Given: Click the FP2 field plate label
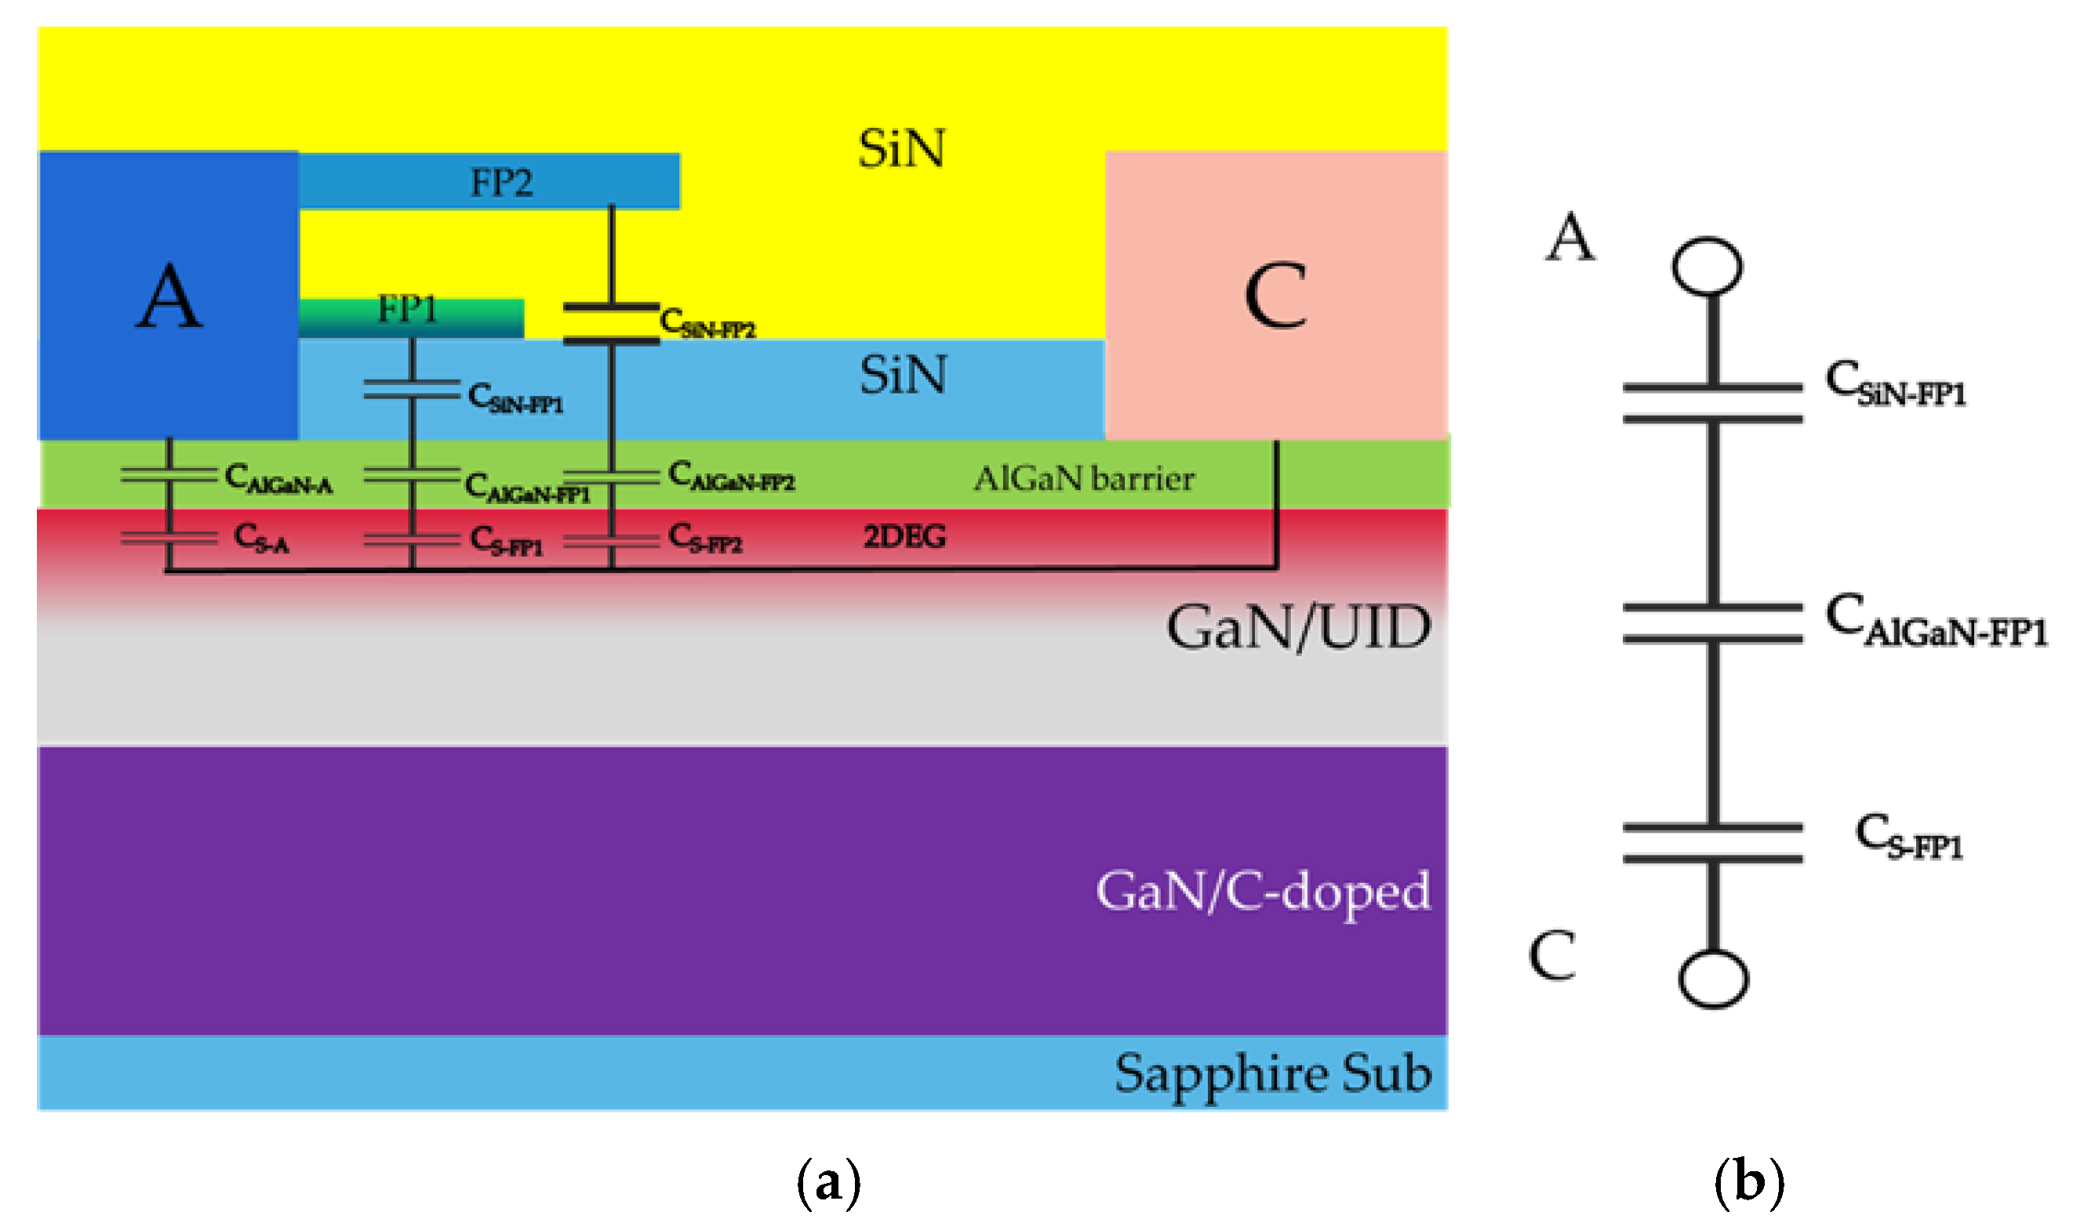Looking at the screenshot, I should tap(501, 183).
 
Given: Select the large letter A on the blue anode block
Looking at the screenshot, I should tap(169, 297).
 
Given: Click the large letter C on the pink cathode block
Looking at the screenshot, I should tap(1275, 297).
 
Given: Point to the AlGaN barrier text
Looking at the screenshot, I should tap(1084, 478).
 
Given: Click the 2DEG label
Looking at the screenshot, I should tap(904, 537).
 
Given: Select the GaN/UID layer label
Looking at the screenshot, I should tap(1299, 627).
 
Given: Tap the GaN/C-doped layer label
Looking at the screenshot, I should tap(1263, 892).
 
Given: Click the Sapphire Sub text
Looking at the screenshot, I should tap(1273, 1074).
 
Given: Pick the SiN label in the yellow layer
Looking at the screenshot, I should tap(901, 149).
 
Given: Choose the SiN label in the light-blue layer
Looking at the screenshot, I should tap(903, 376).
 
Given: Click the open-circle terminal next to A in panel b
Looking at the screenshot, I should tap(1707, 266).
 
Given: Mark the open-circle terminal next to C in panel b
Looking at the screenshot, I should tap(1713, 979).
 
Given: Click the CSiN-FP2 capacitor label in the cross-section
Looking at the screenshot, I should tap(707, 322).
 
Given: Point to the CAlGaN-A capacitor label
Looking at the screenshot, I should tap(278, 479).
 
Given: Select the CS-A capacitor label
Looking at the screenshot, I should tap(261, 538).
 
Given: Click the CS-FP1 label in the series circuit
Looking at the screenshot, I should tap(1909, 837).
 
